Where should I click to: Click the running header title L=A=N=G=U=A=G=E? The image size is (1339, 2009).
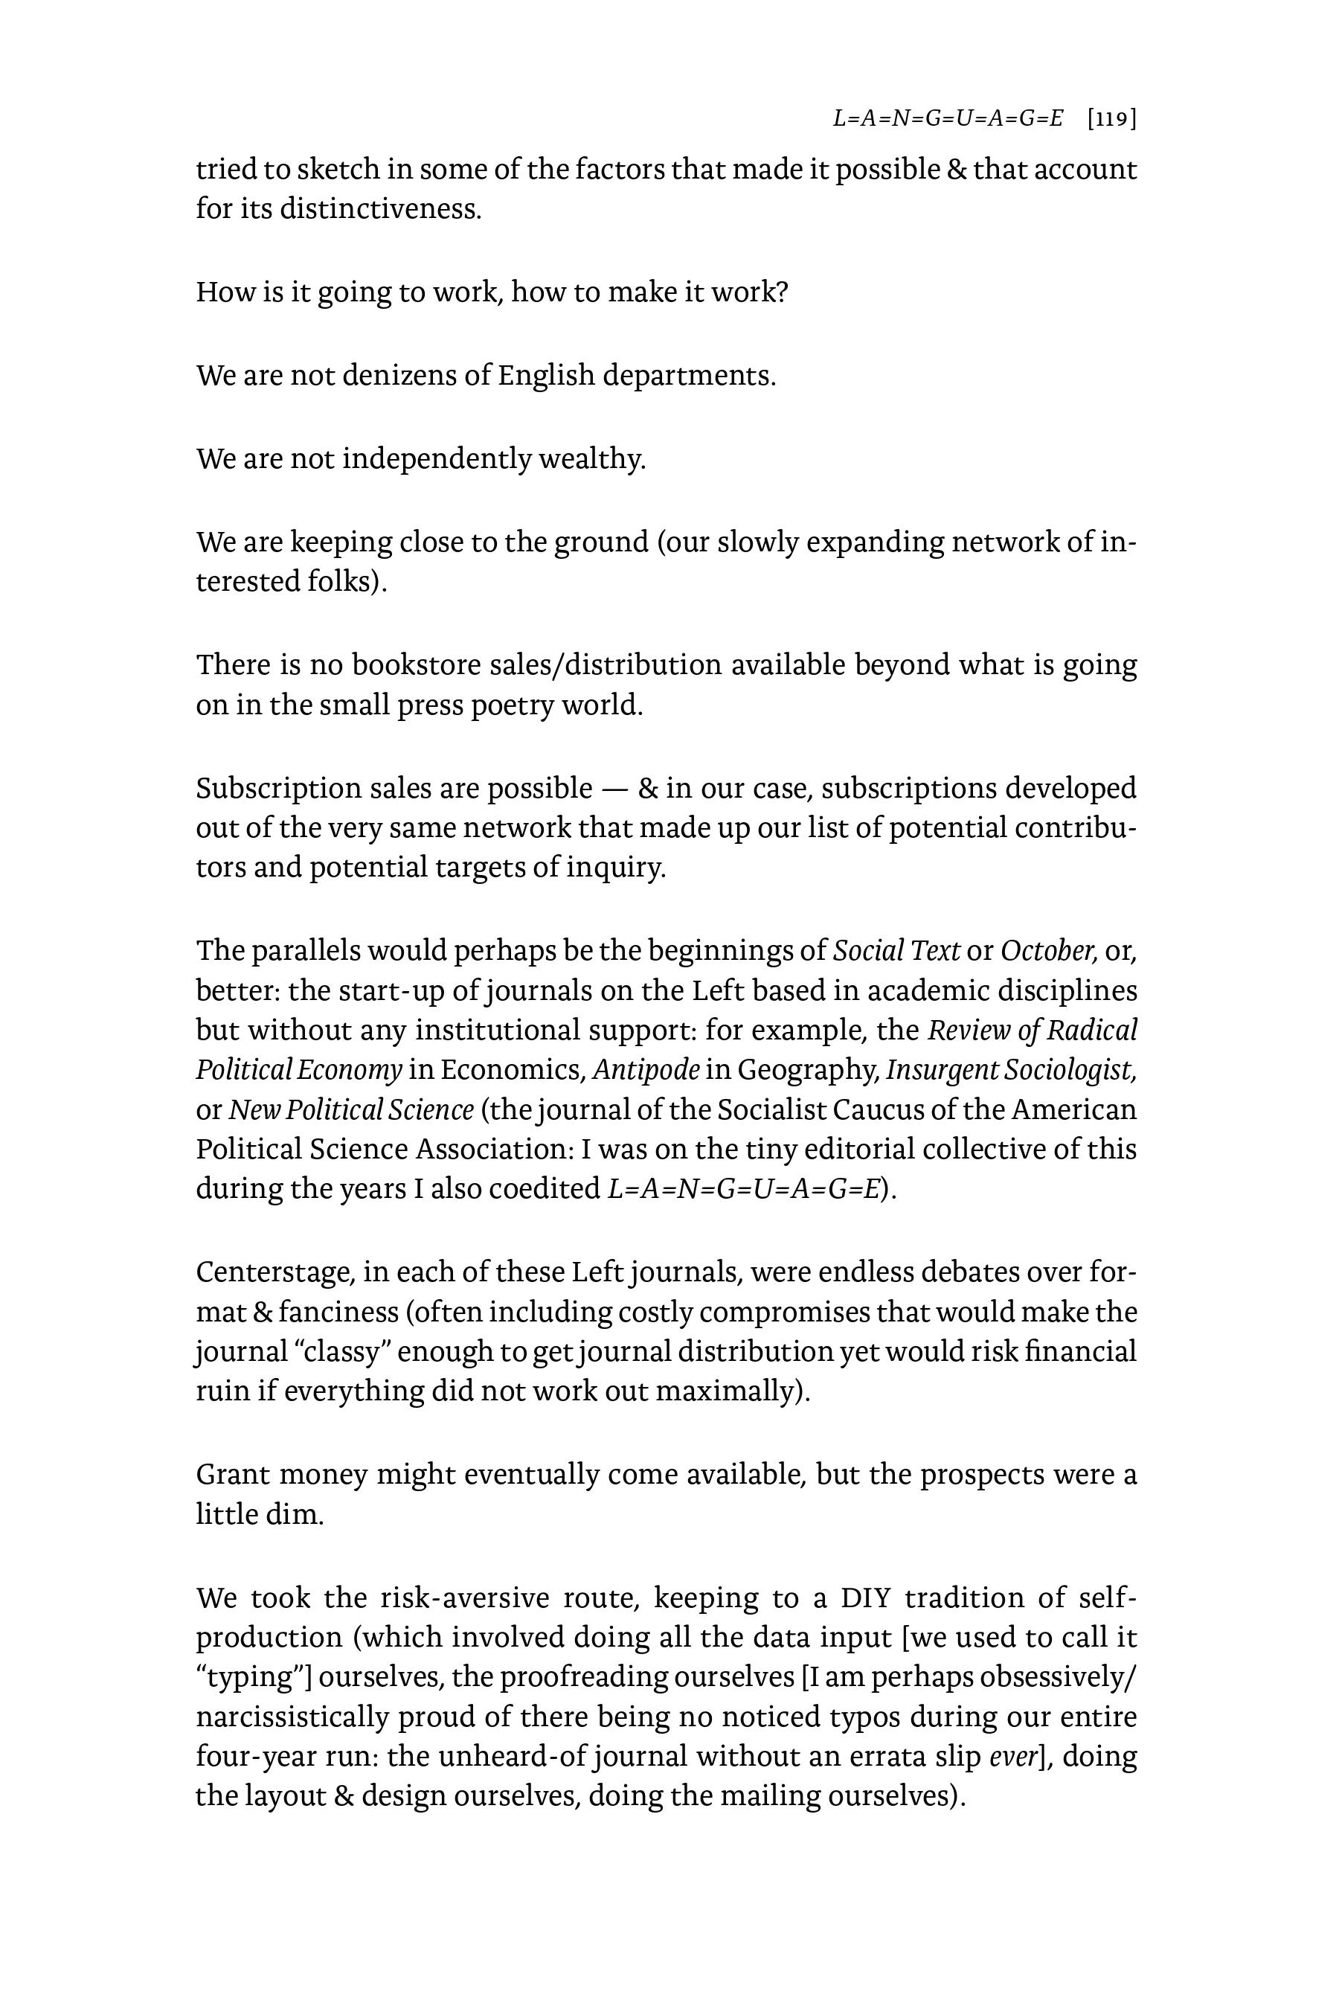948,119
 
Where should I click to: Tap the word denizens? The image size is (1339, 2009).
398,375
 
